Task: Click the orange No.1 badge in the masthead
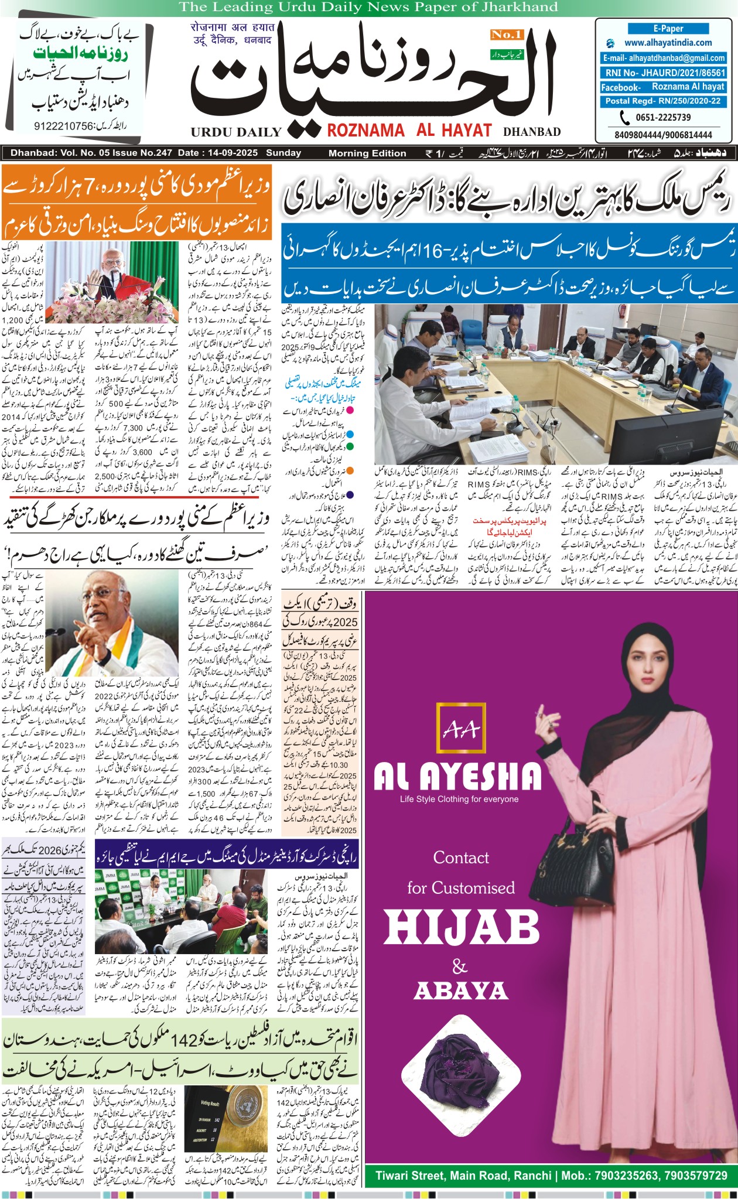point(507,35)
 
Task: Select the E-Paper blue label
point(668,28)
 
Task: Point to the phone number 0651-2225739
point(663,117)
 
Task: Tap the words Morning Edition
point(367,153)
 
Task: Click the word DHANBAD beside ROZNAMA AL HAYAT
point(532,132)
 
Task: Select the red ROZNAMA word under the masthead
point(365,130)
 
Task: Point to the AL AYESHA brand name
point(457,777)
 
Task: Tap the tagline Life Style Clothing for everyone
point(459,799)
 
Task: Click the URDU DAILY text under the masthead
point(236,132)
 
